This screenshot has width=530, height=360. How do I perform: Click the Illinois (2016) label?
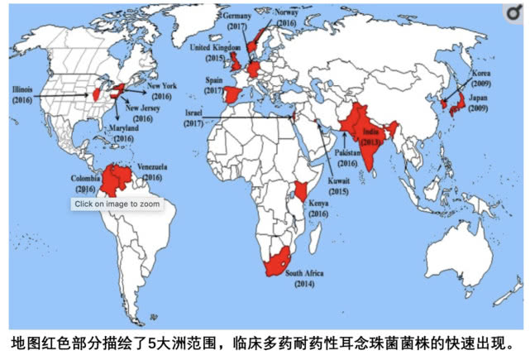(x=22, y=93)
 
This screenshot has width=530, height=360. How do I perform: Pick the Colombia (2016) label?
(x=85, y=180)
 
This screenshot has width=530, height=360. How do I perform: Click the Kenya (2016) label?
(x=319, y=209)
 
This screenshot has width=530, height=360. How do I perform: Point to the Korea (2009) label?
(x=481, y=78)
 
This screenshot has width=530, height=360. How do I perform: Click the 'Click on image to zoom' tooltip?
(x=116, y=204)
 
